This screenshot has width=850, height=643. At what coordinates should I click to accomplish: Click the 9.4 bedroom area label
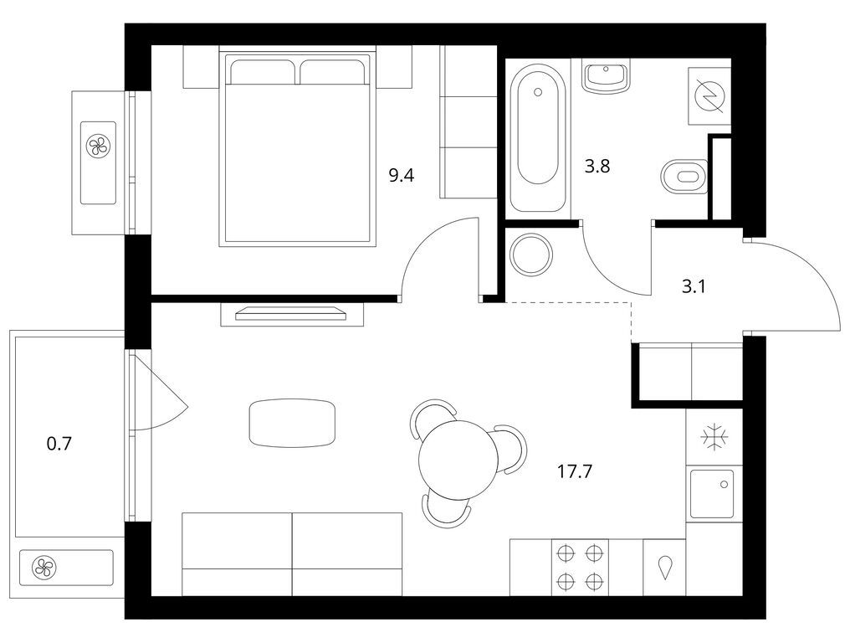tap(401, 175)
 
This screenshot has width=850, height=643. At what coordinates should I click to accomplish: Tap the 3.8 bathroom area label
tap(597, 166)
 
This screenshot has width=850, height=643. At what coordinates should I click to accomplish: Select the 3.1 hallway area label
tap(693, 286)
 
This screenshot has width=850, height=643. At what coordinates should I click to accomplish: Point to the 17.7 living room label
tap(575, 471)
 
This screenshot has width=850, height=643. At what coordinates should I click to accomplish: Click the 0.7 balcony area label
tap(59, 444)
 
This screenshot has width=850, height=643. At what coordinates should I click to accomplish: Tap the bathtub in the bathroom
tap(538, 138)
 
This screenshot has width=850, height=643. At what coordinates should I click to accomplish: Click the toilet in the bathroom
tap(685, 176)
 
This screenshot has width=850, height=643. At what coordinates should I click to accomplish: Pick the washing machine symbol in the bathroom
tap(709, 96)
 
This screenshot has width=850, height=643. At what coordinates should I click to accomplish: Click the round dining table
tap(458, 460)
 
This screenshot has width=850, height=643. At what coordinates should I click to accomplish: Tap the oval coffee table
tap(292, 424)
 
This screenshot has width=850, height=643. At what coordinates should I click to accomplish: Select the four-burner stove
tap(580, 568)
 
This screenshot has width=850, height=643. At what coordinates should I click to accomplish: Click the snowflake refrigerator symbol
tap(714, 437)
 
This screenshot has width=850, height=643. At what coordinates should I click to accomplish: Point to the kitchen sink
tap(712, 494)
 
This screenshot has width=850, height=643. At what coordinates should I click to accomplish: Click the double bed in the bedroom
tap(298, 149)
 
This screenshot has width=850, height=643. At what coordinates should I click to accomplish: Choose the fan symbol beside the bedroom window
tap(98, 146)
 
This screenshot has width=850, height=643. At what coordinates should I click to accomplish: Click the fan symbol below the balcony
tap(44, 568)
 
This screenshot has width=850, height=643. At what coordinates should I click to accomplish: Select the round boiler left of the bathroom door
tap(532, 254)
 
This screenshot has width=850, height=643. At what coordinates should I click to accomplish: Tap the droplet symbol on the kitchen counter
tap(664, 568)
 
